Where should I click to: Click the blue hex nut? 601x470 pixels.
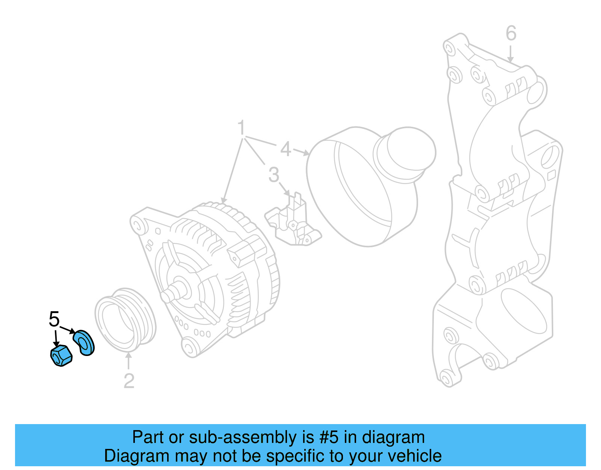61,356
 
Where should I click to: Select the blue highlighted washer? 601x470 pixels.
84,343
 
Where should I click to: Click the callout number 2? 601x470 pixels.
129,381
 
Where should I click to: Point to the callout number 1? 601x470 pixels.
241,128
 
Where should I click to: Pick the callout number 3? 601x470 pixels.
274,175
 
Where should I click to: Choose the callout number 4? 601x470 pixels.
285,149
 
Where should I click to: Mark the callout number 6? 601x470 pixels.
511,33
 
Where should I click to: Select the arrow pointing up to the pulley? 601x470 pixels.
128,361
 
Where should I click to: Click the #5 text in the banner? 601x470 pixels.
329,437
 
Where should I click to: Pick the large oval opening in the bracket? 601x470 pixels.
524,311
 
